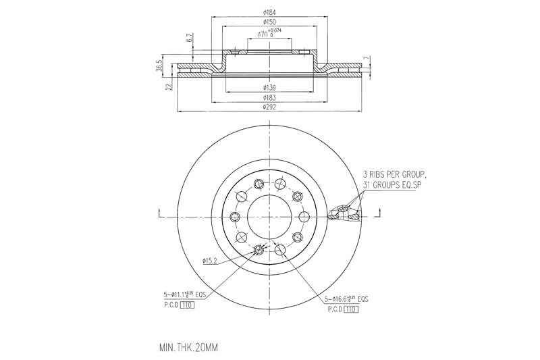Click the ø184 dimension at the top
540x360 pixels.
coord(269,11)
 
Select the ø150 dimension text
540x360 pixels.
coord(269,23)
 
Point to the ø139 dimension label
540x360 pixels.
coord(269,88)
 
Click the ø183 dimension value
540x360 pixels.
coord(269,98)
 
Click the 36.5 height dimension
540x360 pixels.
coord(160,66)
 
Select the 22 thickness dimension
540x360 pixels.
coord(169,86)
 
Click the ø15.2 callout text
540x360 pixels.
coord(209,260)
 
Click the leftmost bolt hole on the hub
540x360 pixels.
coord(235,216)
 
